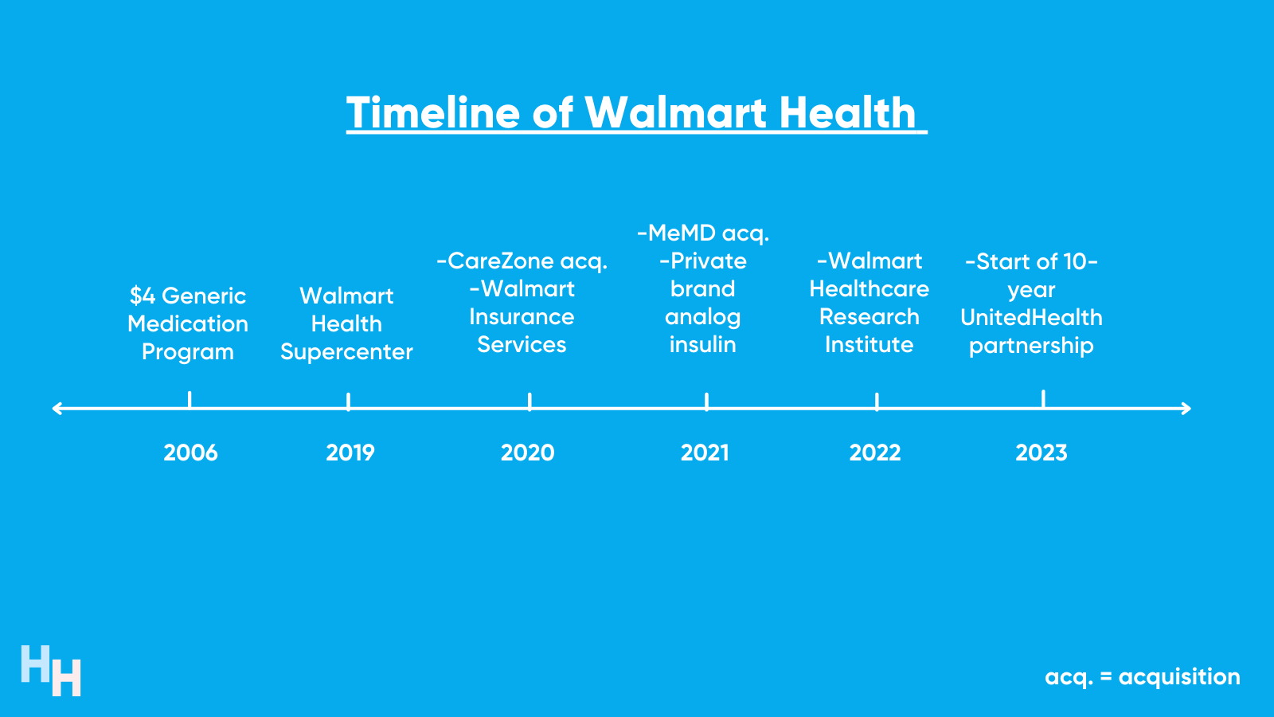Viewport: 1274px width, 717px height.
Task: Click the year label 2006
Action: pos(190,453)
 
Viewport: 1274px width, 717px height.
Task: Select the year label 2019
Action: pos(350,453)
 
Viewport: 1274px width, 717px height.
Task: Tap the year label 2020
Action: pos(527,453)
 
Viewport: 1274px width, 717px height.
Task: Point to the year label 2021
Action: pos(705,453)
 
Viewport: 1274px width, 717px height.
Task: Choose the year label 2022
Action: pos(875,453)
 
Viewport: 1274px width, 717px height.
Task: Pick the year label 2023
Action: pos(1041,453)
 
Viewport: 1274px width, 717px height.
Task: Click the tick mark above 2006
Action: pos(190,399)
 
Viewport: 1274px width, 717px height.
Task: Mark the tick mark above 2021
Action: pos(706,402)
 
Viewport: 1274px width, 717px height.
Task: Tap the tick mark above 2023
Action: pos(1043,398)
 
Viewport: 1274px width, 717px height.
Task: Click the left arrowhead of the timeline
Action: pos(56,409)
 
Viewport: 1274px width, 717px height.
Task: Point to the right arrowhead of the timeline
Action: pos(1186,409)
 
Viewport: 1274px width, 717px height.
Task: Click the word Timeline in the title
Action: pos(433,112)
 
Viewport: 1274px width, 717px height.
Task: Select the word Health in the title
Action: pos(847,112)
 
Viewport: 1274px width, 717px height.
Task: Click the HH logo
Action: pos(51,671)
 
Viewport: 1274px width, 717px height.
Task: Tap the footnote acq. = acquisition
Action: pos(1143,677)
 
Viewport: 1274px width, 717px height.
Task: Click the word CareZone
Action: pos(501,261)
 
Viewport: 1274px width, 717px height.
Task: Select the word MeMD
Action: pos(682,233)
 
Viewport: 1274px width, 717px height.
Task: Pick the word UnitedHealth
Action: pos(1031,318)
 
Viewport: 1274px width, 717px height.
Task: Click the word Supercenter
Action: pos(346,352)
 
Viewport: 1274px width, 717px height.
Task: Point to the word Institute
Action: pos(869,345)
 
